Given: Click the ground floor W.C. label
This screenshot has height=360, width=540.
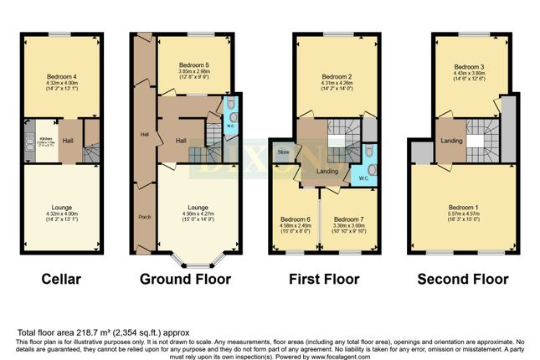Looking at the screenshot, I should coord(229,126).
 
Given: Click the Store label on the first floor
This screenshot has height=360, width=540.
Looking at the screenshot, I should coord(283,152).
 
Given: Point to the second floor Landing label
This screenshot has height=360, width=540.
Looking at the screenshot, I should coord(451,141).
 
